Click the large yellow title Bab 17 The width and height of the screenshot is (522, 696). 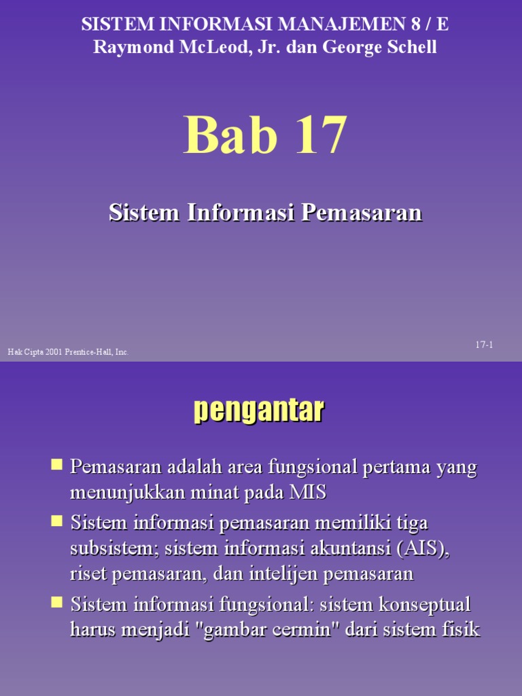265,135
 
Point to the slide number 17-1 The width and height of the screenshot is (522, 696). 484,345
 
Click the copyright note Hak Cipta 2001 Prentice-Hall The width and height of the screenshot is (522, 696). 68,352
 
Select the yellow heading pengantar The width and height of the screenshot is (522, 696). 259,411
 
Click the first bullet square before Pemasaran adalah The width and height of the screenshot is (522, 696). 57,466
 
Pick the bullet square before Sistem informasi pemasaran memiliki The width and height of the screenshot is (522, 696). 57,521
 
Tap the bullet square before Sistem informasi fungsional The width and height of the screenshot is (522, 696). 57,602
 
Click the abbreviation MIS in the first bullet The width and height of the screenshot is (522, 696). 309,493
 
